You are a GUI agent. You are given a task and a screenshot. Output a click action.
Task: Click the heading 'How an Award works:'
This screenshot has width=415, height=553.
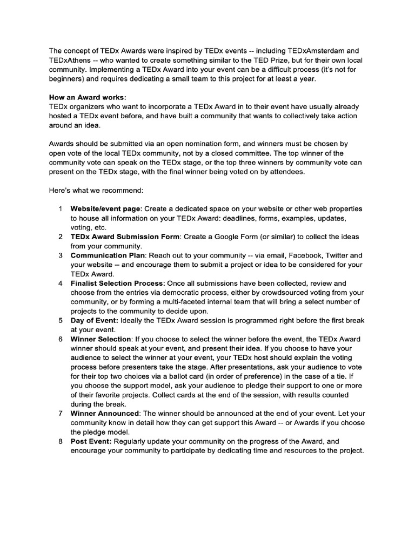(x=87, y=97)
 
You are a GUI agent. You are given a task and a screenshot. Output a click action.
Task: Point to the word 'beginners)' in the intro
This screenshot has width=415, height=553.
(x=68, y=79)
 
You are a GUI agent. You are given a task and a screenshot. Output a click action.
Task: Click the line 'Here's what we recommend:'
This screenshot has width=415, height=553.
(x=96, y=190)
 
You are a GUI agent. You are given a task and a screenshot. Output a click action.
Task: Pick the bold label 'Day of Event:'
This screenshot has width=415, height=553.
(x=95, y=320)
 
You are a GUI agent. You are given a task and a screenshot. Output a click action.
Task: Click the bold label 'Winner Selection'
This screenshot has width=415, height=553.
(x=101, y=339)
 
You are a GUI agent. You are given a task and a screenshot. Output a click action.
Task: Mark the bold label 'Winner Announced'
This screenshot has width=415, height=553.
(x=105, y=413)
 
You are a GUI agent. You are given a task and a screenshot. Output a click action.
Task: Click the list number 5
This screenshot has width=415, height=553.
(x=61, y=320)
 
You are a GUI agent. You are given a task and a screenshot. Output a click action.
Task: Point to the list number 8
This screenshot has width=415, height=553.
(x=61, y=441)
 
